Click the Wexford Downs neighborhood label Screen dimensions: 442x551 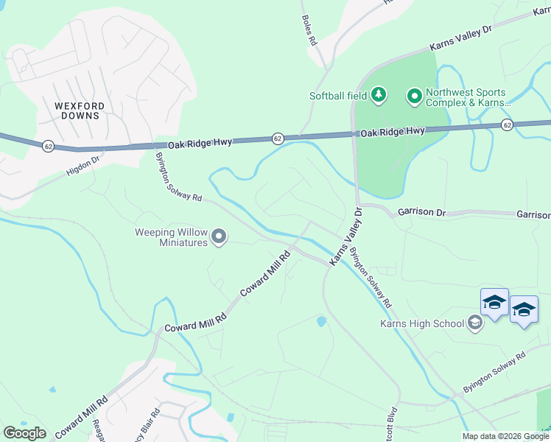pyautogui.click(x=80, y=110)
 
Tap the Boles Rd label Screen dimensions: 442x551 pyautogui.click(x=309, y=30)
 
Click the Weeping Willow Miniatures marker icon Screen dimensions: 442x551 pyautogui.click(x=219, y=236)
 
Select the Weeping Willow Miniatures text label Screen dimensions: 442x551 pyautogui.click(x=171, y=237)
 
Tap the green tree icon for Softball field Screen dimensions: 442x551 pyautogui.click(x=379, y=94)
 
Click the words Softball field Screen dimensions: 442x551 pyautogui.click(x=338, y=96)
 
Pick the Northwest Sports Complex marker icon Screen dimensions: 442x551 pyautogui.click(x=414, y=95)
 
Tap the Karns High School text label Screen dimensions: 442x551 pyautogui.click(x=422, y=323)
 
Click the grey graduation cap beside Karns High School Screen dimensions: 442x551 pyautogui.click(x=476, y=323)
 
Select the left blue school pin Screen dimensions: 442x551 pyautogui.click(x=494, y=302)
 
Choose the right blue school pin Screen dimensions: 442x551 pyautogui.click(x=524, y=309)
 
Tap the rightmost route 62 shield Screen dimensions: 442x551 pyautogui.click(x=507, y=125)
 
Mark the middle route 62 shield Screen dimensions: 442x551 pyautogui.click(x=278, y=138)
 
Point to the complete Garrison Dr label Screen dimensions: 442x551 pyautogui.click(x=422, y=211)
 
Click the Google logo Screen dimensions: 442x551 pyautogui.click(x=24, y=433)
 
